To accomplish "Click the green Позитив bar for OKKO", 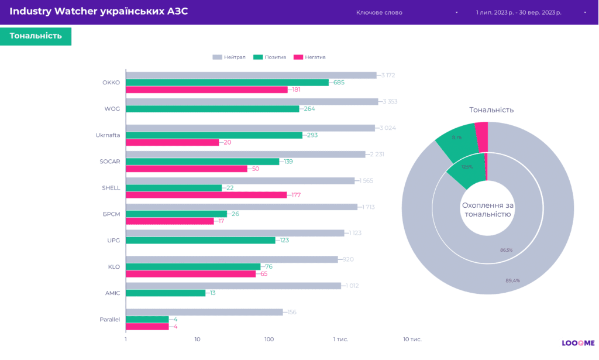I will [x=227, y=83].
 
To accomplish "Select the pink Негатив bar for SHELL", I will [x=206, y=195].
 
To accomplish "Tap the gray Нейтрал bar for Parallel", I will [x=204, y=312].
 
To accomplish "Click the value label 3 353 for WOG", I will [x=390, y=102].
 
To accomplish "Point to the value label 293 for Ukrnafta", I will [x=311, y=135].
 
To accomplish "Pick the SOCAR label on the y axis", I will [x=110, y=162].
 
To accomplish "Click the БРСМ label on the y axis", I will [x=111, y=214].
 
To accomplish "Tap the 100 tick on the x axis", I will [x=269, y=340].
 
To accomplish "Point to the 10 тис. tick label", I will [x=412, y=340].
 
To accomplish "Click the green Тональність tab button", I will [x=36, y=36].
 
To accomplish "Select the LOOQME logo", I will [x=578, y=343].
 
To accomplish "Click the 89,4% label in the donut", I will [x=513, y=280].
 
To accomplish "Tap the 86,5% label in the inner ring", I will [x=506, y=250].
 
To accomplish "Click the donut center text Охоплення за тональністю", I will [x=487, y=210].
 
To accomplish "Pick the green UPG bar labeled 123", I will [x=200, y=240].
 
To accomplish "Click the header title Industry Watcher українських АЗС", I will [x=99, y=12].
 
